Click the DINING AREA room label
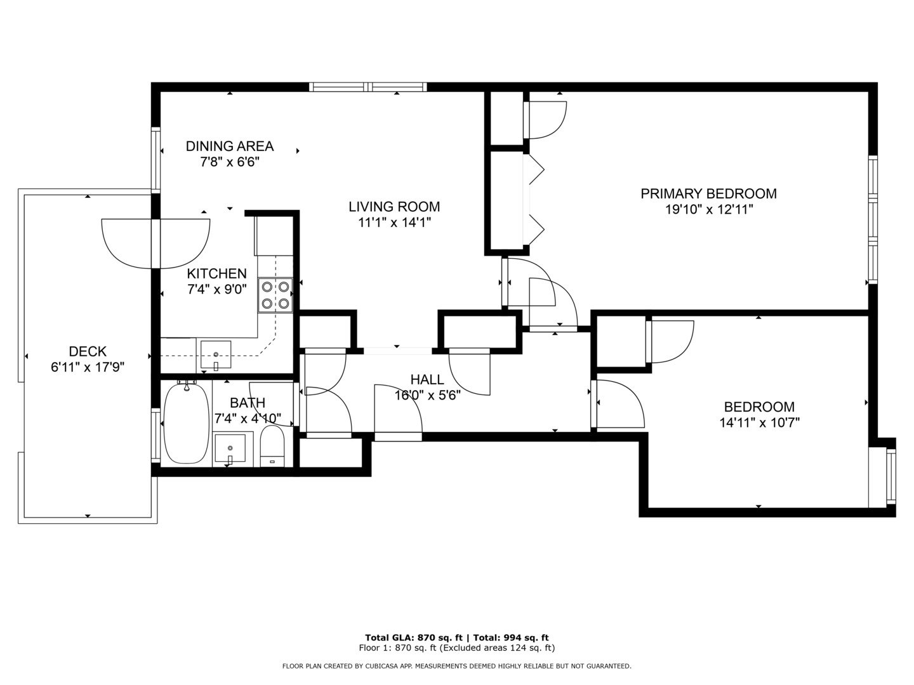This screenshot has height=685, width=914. [x=229, y=146]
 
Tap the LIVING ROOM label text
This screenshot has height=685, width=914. [x=394, y=206]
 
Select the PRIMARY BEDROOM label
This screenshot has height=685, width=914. [x=708, y=193]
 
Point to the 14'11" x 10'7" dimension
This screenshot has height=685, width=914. [x=759, y=422]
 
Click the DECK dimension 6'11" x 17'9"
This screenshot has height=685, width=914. [x=88, y=367]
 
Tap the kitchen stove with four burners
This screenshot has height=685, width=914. [x=275, y=296]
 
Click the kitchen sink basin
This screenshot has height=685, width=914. [x=216, y=355]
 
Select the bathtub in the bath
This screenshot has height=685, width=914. [x=187, y=424]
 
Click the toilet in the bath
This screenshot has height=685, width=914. [x=272, y=446]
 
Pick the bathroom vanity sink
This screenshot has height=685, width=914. [x=230, y=448]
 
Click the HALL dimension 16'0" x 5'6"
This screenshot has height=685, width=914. [x=427, y=395]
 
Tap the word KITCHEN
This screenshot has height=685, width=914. [x=216, y=273]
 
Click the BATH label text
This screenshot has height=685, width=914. [x=248, y=403]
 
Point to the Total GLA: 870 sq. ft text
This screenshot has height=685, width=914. [x=414, y=637]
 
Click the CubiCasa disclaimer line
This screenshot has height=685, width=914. [x=457, y=666]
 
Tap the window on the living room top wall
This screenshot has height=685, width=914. [x=368, y=87]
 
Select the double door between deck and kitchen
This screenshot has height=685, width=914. [x=156, y=244]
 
